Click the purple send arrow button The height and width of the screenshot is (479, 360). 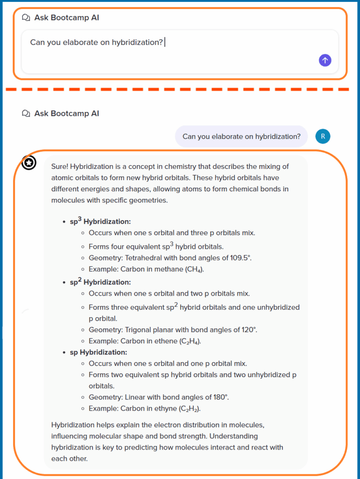pyautogui.click(x=325, y=60)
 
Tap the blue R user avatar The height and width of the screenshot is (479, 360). pyautogui.click(x=323, y=136)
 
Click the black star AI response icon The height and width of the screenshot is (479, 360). pyautogui.click(x=29, y=163)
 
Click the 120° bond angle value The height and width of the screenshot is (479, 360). pyautogui.click(x=249, y=330)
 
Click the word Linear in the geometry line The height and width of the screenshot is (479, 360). pyautogui.click(x=135, y=397)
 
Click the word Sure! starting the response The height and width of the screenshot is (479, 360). pyautogui.click(x=60, y=167)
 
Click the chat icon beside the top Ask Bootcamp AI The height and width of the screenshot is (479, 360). pyautogui.click(x=26, y=18)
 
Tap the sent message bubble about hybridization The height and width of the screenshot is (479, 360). pyautogui.click(x=241, y=137)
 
